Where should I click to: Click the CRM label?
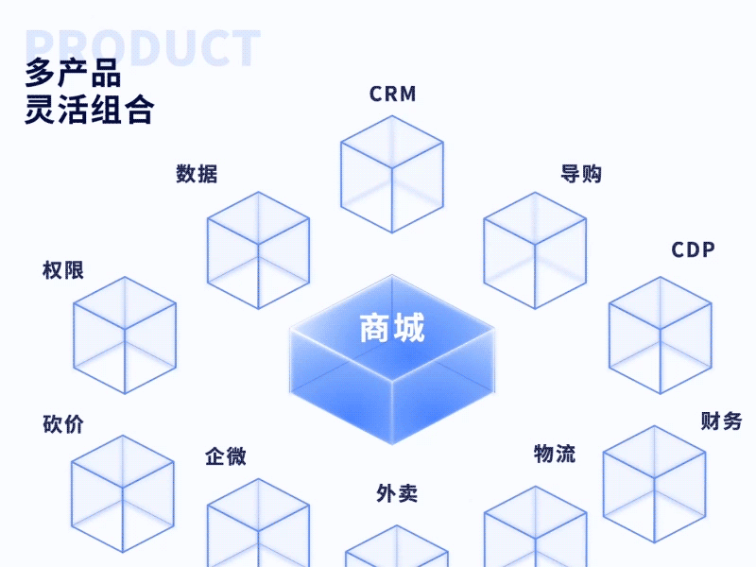coord(392,94)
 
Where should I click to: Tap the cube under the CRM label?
coord(391,174)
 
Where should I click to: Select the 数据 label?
coord(197,174)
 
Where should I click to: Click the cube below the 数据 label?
coord(258,249)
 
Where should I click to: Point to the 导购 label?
coord(581,174)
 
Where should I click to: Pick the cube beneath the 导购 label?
coord(535,250)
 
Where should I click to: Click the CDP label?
coord(694,249)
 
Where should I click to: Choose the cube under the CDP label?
coord(660,335)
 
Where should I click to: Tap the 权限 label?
coord(63,269)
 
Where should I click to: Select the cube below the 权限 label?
coord(125,335)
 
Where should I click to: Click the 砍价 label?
coord(63,423)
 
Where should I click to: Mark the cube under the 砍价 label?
coord(123,493)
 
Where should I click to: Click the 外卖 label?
coord(397,492)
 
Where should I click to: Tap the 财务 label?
coord(721,421)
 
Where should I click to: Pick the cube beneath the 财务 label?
coord(654,484)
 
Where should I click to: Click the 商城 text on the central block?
coord(392,328)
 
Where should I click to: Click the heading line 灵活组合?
coord(90,110)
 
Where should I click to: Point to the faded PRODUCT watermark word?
coord(142,47)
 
